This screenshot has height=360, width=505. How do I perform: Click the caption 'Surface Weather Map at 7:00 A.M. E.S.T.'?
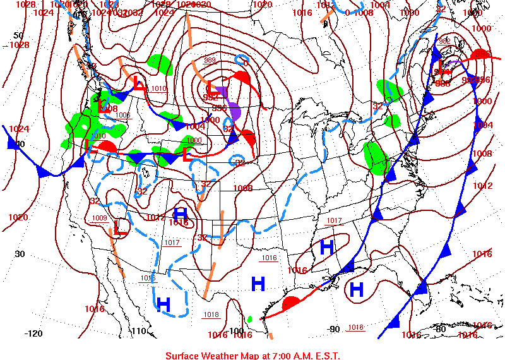pyautogui.click(x=252, y=355)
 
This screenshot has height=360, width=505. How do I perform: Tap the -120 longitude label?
pyautogui.click(x=33, y=333)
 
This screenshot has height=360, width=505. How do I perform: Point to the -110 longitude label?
pyautogui.click(x=138, y=332)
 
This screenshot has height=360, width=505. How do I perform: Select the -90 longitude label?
pyautogui.click(x=335, y=328)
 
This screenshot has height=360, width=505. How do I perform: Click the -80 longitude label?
pyautogui.click(x=441, y=328)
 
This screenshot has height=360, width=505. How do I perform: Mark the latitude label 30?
pyautogui.click(x=20, y=254)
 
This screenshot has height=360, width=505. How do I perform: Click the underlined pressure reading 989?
pyautogui.click(x=210, y=60)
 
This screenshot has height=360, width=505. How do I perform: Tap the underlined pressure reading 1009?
pyautogui.click(x=100, y=219)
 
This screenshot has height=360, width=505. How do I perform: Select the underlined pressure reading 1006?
pyautogui.click(x=122, y=115)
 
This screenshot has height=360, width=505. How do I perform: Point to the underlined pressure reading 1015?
pyautogui.click(x=148, y=278)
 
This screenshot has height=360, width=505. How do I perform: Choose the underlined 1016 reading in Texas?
pyautogui.click(x=270, y=258)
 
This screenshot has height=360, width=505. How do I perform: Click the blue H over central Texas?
pyautogui.click(x=258, y=284)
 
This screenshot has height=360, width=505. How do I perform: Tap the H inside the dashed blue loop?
pyautogui.click(x=163, y=304)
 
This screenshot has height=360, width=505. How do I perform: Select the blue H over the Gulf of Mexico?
pyautogui.click(x=357, y=290)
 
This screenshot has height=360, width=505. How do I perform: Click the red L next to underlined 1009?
pyautogui.click(x=121, y=227)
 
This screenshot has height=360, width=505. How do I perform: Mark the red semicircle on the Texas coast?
pyautogui.click(x=291, y=303)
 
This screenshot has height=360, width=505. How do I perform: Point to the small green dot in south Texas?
pyautogui.click(x=249, y=319)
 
